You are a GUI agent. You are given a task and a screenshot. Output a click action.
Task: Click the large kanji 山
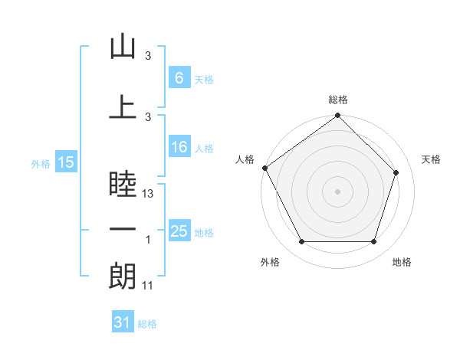(123, 46)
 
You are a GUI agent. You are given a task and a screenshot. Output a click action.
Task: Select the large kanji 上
(123, 107)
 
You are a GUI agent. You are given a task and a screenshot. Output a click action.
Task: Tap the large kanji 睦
(123, 184)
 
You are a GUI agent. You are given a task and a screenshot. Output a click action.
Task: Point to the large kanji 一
(123, 229)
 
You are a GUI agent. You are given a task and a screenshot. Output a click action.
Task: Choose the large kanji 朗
(123, 276)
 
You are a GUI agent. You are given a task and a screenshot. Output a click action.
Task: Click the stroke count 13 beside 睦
(147, 194)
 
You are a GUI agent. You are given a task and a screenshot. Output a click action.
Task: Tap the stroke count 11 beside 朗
(147, 286)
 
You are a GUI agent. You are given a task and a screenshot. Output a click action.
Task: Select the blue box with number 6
(179, 77)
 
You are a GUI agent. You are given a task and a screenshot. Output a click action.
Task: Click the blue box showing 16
(179, 146)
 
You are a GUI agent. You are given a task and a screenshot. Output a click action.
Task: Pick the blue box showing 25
(179, 230)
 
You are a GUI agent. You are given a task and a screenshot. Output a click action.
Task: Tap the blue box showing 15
(66, 162)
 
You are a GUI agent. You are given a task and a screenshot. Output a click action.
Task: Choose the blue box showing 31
(123, 321)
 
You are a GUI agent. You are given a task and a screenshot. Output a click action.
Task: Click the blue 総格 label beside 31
(147, 324)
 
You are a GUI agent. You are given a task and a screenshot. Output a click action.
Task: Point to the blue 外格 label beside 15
(41, 164)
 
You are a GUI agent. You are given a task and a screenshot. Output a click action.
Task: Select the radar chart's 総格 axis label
(338, 100)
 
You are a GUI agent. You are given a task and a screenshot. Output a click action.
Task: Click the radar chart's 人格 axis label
(245, 159)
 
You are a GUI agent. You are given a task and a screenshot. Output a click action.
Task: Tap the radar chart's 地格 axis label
(402, 262)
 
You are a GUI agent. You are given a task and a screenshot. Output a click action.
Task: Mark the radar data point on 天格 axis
(396, 172)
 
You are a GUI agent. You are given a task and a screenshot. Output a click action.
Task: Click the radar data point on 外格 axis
(302, 241)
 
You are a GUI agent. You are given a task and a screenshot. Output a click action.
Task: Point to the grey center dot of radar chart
(337, 191)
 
